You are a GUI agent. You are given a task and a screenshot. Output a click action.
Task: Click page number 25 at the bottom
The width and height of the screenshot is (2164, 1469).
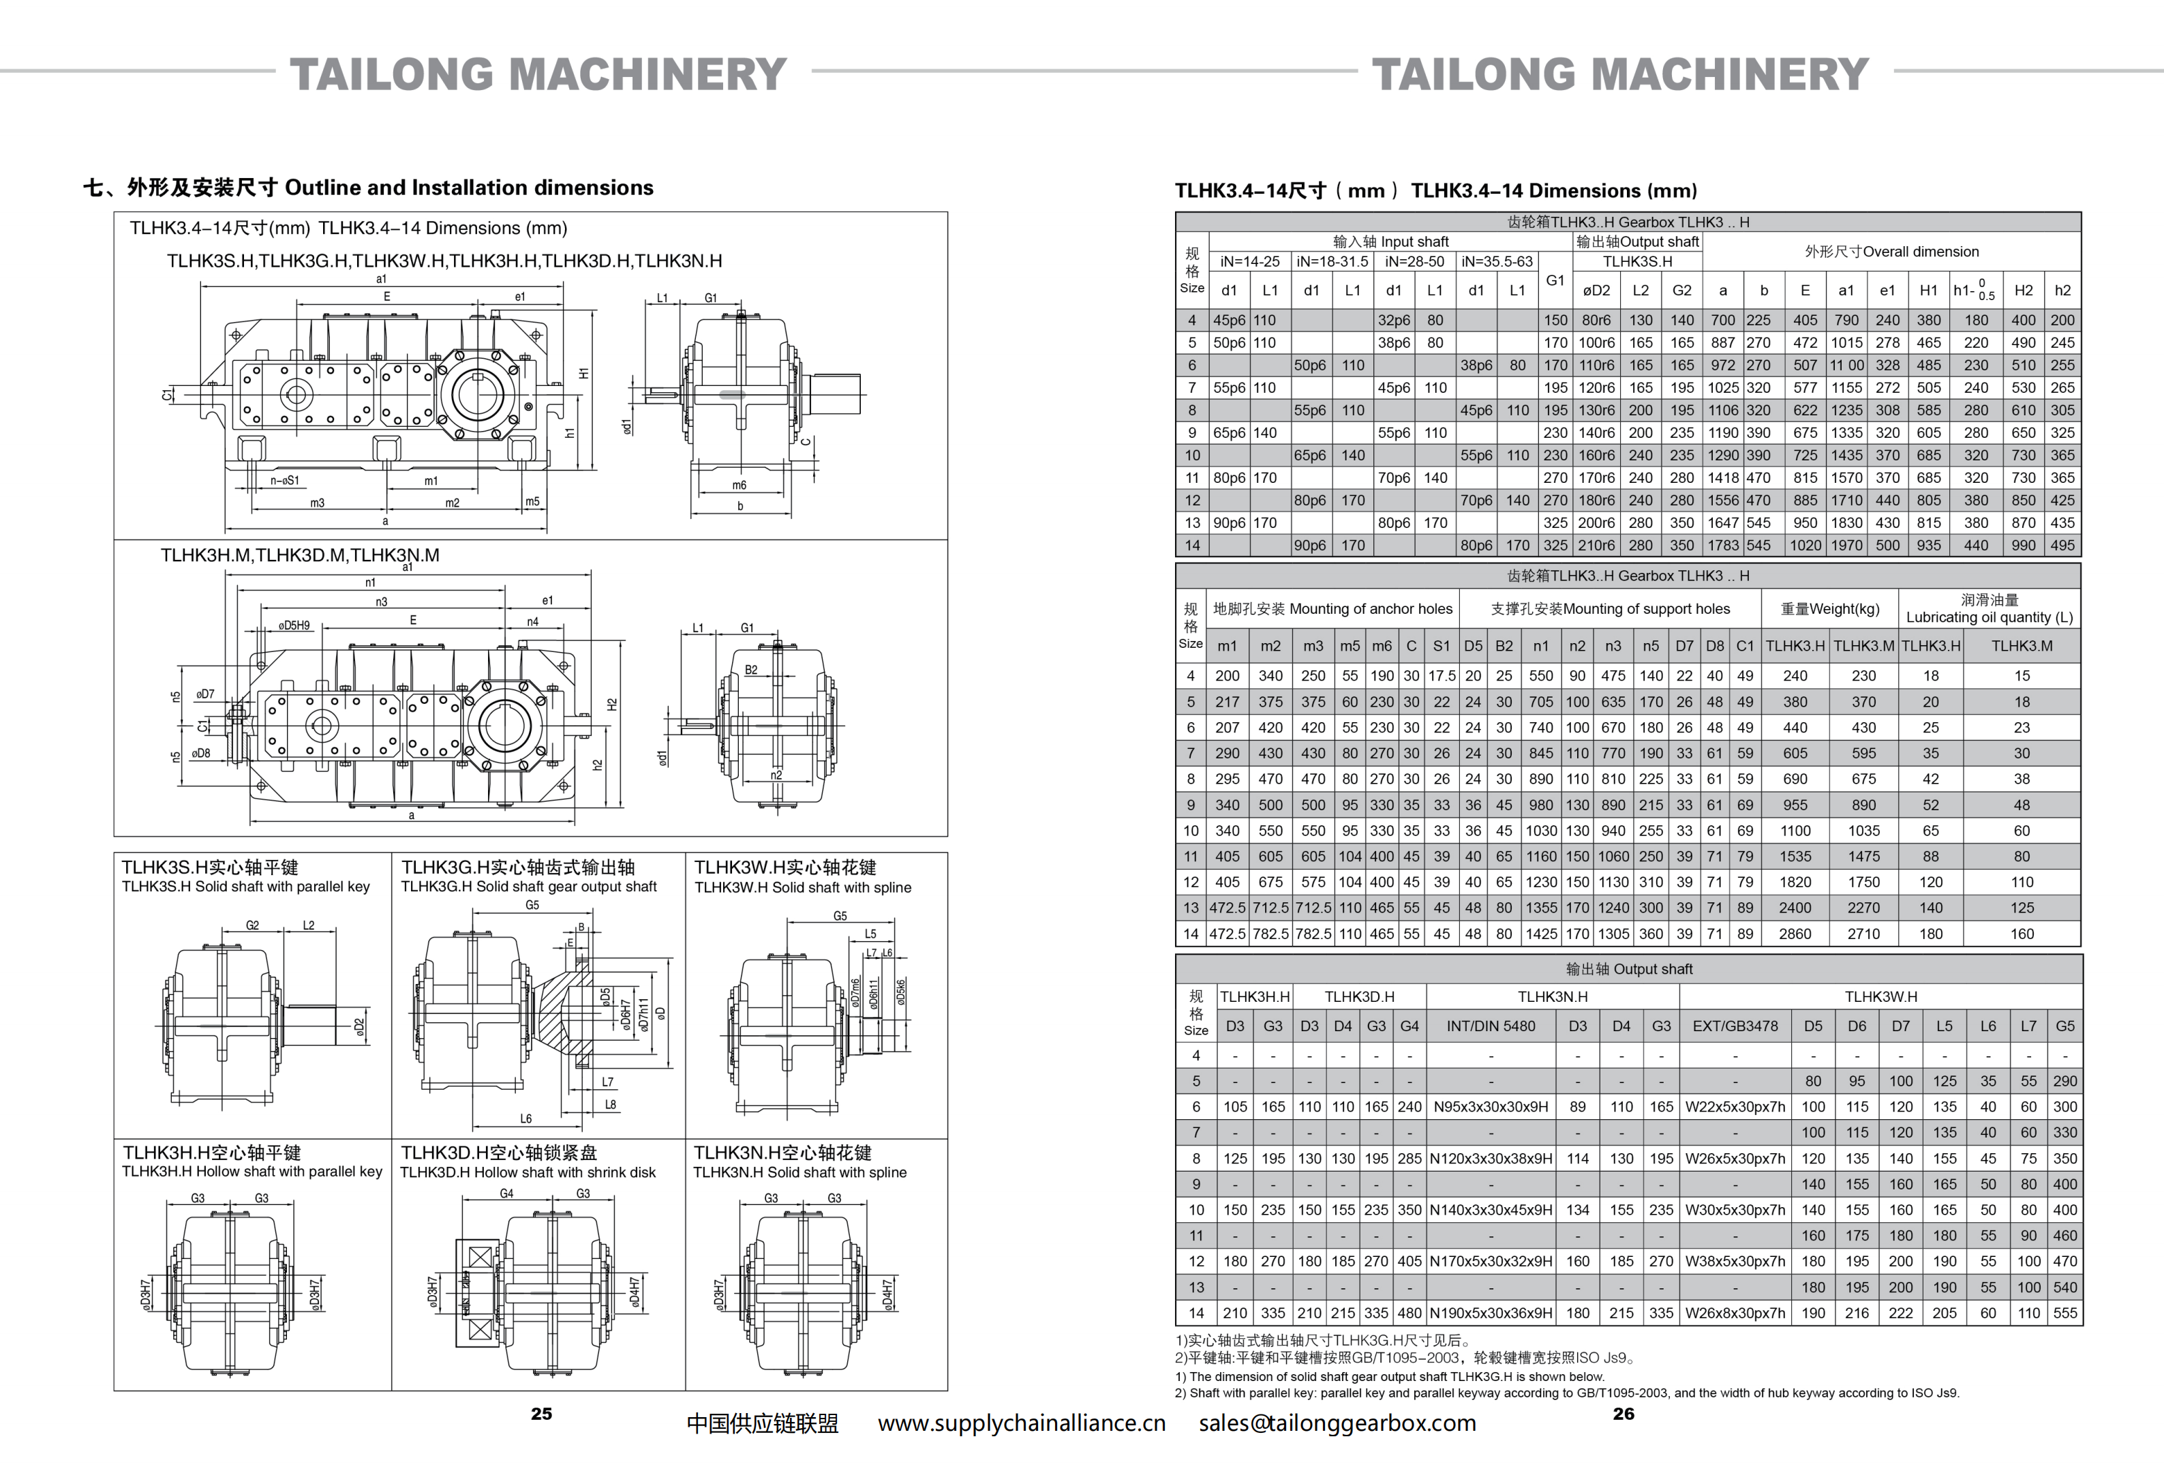541,1413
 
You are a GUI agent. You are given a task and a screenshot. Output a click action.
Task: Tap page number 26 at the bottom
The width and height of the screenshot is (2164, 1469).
1623,1413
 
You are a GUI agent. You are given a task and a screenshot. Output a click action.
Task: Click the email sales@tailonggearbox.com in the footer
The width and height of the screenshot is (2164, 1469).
1337,1423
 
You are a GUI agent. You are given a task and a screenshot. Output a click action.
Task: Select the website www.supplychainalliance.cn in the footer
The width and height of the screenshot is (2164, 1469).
1022,1423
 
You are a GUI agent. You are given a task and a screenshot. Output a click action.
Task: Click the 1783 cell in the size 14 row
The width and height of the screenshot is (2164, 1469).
1722,546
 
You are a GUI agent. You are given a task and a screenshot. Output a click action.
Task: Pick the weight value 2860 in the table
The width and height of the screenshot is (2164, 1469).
1795,934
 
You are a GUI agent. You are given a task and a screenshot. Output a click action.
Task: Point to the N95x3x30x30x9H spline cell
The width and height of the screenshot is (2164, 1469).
1491,1107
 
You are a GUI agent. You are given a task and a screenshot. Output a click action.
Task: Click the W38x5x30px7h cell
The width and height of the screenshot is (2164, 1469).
1735,1261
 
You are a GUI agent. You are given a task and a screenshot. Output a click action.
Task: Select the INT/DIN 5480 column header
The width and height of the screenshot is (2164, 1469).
1491,1026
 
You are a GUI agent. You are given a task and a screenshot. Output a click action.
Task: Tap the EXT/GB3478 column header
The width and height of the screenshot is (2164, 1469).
1735,1026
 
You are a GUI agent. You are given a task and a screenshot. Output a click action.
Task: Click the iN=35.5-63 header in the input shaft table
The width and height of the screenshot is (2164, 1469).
1496,262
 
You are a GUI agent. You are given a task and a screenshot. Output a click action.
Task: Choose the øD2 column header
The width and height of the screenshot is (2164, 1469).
1596,291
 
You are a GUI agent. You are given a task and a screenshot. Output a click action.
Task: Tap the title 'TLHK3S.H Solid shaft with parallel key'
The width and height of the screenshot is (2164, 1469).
246,887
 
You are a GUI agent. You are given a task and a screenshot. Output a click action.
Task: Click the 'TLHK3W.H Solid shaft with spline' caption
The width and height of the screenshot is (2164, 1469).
803,888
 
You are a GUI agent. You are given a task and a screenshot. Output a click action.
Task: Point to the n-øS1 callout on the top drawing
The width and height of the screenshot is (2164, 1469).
285,481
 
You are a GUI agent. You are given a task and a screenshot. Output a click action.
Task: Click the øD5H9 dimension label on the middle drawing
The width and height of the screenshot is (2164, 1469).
294,625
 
